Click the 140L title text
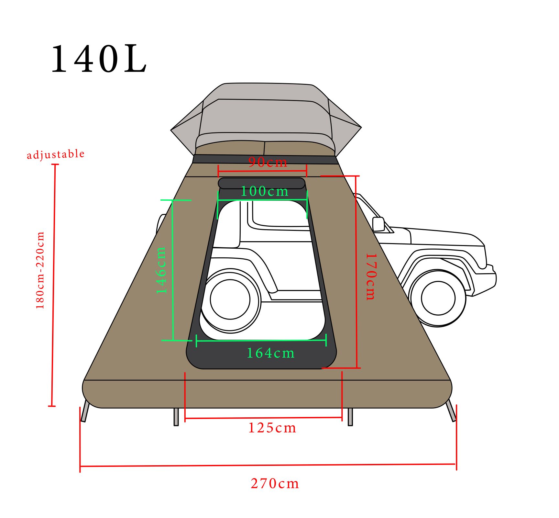coord(99,59)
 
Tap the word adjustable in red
coord(56,154)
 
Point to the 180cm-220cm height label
coord(40,270)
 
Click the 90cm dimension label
coord(268,162)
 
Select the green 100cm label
coord(265,191)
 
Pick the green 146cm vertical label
coord(161,270)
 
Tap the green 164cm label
coord(271,353)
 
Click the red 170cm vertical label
coord(371,277)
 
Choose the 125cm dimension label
coord(272,428)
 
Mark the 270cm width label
coord(275,484)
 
